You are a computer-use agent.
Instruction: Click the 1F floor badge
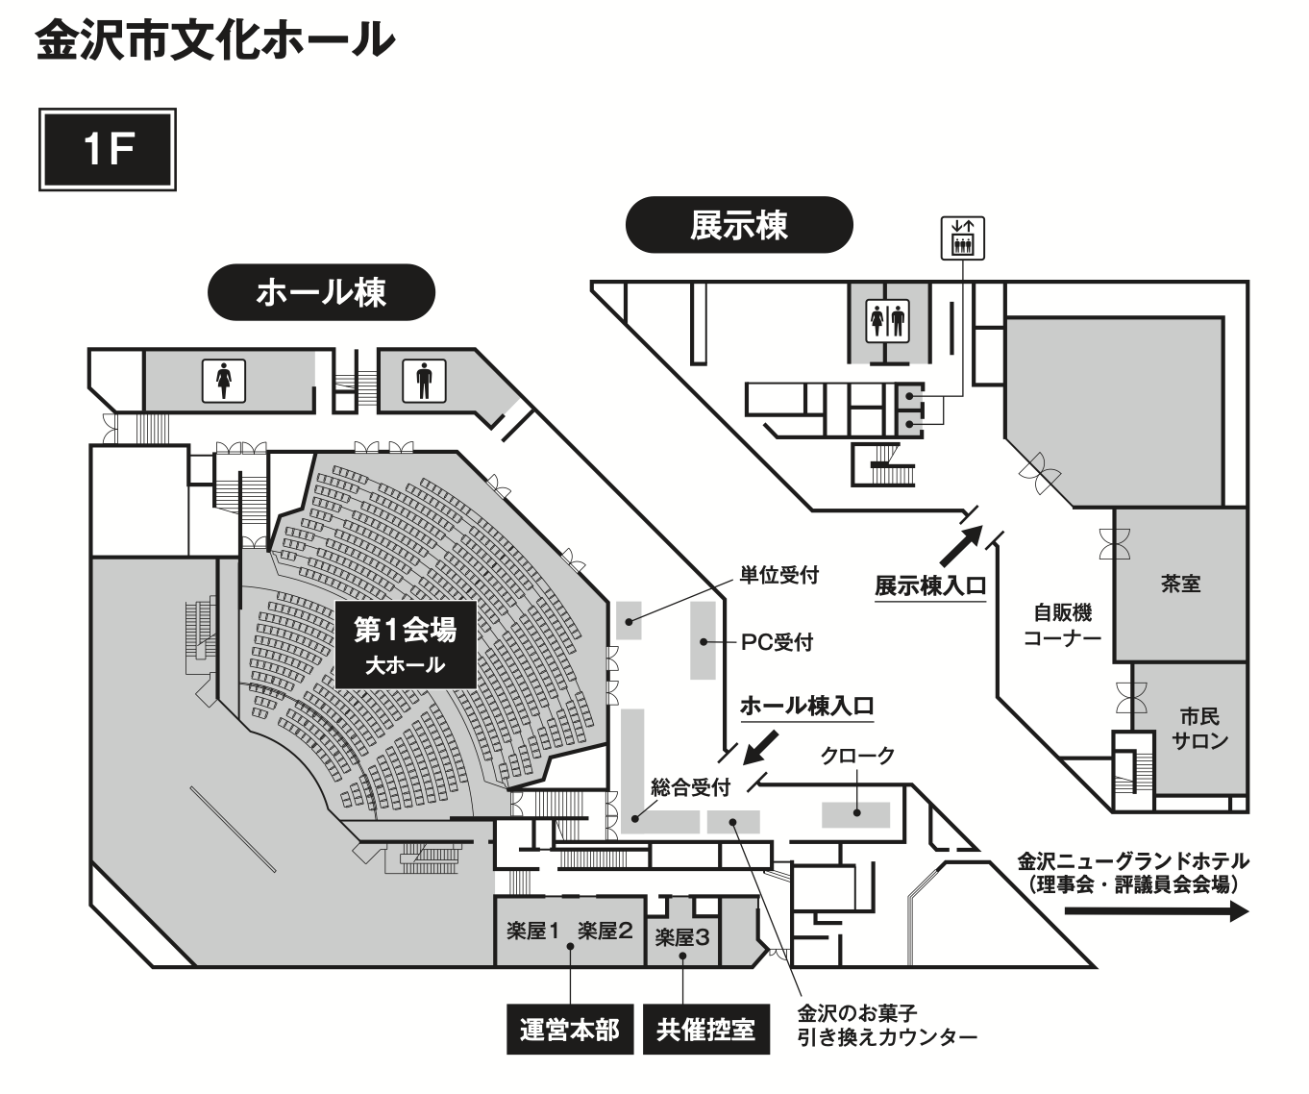108,149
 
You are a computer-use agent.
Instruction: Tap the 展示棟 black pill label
738,225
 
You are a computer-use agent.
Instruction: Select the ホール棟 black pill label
321,291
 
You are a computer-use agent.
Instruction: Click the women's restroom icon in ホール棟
223,381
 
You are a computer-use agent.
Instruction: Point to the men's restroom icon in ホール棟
424,381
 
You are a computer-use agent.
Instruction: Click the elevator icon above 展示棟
961,237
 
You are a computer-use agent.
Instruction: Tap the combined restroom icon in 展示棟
887,321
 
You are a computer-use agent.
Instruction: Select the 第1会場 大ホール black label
406,644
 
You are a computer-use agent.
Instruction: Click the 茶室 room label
1180,584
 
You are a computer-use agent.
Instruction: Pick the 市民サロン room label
1199,728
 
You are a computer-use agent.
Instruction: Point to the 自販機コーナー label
1062,624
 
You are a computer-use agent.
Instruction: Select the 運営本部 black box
570,1030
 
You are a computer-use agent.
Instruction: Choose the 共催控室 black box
706,1030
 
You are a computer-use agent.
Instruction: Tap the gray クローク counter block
855,813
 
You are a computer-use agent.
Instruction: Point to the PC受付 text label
777,642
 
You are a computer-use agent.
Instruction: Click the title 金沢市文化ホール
215,42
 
